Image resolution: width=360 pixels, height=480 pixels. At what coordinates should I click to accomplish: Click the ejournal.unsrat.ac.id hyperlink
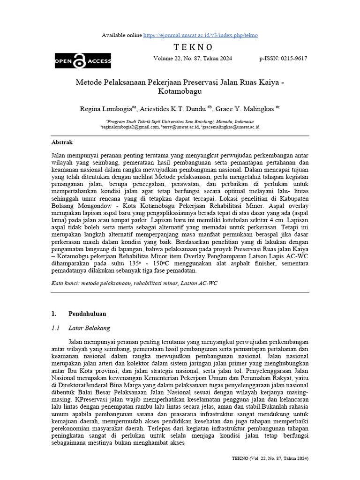click(x=200, y=35)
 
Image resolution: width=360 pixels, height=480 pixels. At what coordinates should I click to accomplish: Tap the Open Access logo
click(x=82, y=61)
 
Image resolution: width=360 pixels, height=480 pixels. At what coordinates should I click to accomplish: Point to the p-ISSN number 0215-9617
click(x=283, y=59)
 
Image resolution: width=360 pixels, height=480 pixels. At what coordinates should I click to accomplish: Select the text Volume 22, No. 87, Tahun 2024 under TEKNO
click(x=192, y=59)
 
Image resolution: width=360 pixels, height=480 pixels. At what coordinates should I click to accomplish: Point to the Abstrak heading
click(x=62, y=142)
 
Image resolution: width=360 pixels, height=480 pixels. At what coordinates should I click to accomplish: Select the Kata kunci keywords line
click(x=134, y=284)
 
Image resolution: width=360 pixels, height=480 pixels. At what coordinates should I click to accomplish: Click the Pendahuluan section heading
click(x=87, y=314)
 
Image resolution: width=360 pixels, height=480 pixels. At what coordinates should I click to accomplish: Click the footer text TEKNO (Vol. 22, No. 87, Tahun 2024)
click(x=270, y=458)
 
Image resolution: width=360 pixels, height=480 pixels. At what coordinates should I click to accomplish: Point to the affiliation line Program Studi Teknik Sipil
click(x=180, y=121)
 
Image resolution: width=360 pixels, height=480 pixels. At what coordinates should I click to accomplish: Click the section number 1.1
click(x=56, y=328)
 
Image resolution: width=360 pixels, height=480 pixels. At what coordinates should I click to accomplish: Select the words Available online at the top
click(x=121, y=35)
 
